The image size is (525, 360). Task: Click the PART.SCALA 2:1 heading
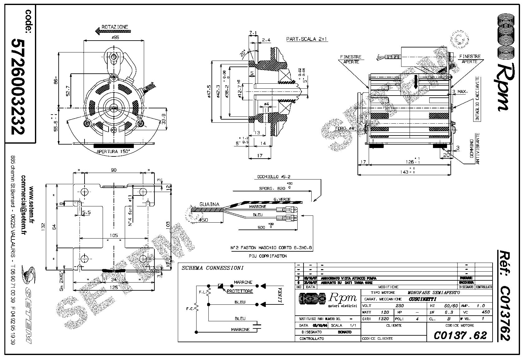(307, 39)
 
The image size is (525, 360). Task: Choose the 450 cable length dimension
(203, 220)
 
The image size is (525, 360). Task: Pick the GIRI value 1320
(384, 319)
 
